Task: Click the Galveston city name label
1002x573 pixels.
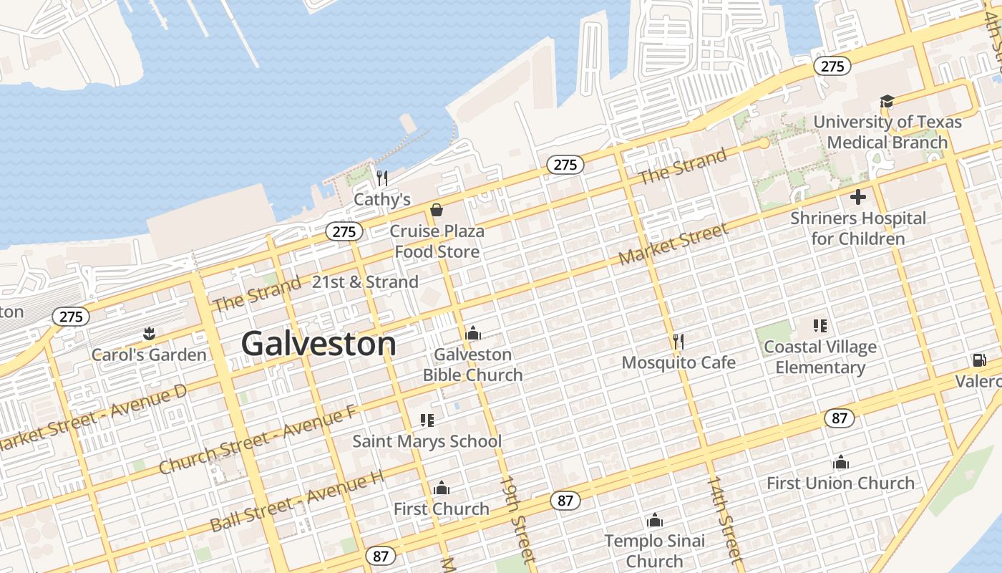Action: tap(318, 345)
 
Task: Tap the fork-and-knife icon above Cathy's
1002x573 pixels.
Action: tap(382, 178)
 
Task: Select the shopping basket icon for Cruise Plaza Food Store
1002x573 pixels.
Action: tap(436, 210)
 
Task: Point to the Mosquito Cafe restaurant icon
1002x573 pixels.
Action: tap(678, 341)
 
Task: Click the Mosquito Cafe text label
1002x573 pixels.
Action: tap(678, 362)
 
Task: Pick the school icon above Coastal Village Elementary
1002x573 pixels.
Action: tap(820, 327)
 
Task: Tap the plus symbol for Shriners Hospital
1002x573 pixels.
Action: tap(857, 197)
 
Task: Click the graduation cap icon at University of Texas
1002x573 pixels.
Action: tap(887, 101)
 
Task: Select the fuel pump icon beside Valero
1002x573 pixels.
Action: tap(978, 360)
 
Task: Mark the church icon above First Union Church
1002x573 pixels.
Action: tap(841, 463)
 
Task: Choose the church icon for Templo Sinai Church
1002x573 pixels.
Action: tap(654, 520)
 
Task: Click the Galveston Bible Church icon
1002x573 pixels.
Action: tap(472, 333)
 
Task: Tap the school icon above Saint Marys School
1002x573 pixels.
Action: tap(427, 420)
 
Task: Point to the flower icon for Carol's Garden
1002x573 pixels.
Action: tap(149, 333)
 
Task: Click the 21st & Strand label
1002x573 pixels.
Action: tap(365, 282)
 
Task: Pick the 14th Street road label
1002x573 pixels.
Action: tap(724, 516)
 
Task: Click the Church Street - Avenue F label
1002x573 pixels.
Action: tap(257, 439)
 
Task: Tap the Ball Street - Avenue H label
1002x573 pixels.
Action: tap(296, 501)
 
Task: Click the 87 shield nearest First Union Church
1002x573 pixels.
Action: tap(840, 418)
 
